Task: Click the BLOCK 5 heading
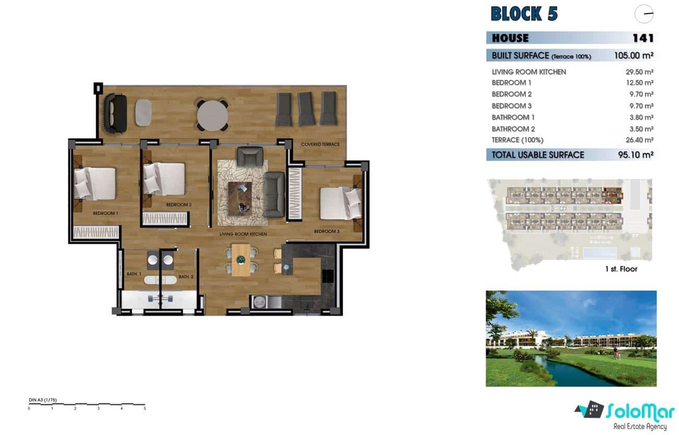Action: [x=524, y=14]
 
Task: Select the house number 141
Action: [x=642, y=38]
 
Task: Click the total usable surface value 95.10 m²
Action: [x=634, y=155]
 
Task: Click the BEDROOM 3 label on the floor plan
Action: [x=326, y=231]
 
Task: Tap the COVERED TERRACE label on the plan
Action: [x=320, y=144]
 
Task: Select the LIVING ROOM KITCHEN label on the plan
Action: [x=243, y=234]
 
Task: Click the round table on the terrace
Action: [x=212, y=114]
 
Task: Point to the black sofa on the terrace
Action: [x=115, y=113]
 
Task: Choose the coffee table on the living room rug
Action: [x=240, y=196]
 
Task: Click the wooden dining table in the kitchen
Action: [x=241, y=260]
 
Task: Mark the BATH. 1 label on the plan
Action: [x=134, y=274]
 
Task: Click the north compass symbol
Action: [x=644, y=14]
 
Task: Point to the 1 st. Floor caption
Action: [x=620, y=269]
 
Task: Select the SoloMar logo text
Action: [x=640, y=412]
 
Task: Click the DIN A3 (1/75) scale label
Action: [x=43, y=400]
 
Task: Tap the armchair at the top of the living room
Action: [x=250, y=156]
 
